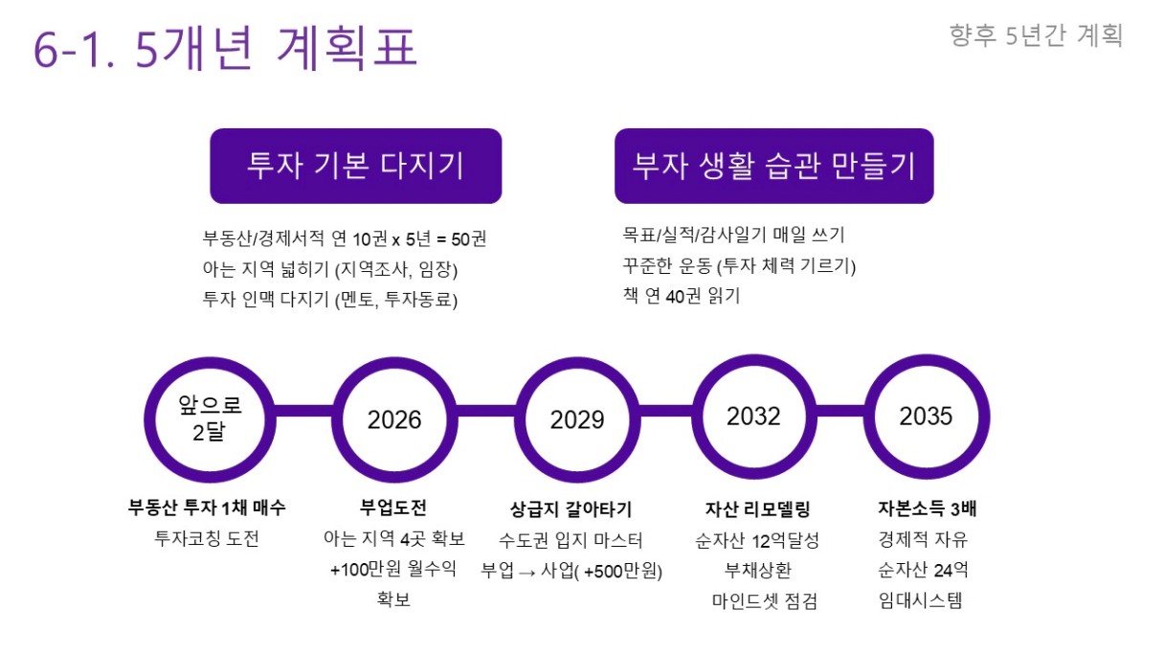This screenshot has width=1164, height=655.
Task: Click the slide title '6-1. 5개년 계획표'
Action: click(226, 48)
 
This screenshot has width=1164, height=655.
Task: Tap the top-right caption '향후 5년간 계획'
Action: click(1036, 35)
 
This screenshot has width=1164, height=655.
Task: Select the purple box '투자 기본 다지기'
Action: click(355, 166)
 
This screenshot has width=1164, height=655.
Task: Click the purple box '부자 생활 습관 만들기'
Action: click(773, 166)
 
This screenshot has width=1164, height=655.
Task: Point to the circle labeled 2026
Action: click(394, 419)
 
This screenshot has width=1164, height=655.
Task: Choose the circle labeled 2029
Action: click(577, 419)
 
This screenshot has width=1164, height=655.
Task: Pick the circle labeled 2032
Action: click(753, 417)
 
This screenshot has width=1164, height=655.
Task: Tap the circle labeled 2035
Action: click(927, 417)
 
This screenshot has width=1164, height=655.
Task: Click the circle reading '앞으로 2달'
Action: click(210, 419)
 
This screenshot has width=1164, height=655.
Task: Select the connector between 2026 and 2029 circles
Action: click(486, 411)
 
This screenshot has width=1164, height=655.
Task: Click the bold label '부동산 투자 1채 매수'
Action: click(207, 508)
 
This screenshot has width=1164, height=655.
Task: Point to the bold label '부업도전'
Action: click(393, 508)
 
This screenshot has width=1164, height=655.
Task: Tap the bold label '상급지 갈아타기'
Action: click(571, 509)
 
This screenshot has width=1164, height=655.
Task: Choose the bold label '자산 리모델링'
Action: click(757, 509)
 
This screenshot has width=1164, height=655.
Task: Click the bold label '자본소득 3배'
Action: click(928, 508)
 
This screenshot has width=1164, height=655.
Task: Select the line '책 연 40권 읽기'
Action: click(682, 296)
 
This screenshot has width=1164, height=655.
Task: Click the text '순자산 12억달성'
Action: click(757, 541)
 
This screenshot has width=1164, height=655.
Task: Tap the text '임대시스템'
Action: click(920, 600)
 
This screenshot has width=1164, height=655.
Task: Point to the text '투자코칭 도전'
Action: click(207, 538)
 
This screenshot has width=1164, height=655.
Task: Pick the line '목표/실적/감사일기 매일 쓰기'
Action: click(734, 235)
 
